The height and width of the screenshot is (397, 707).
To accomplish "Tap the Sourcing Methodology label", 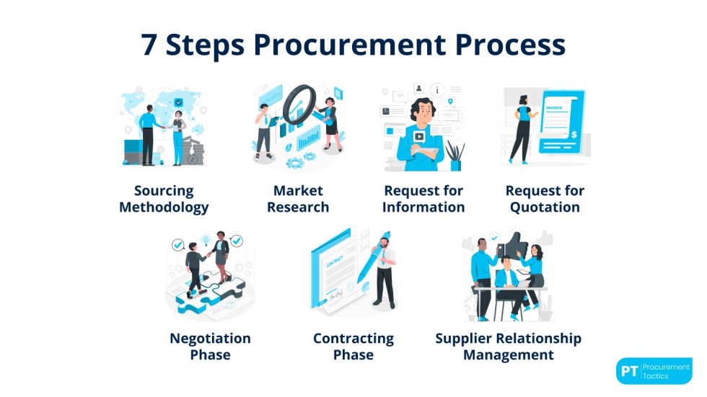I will [x=164, y=199].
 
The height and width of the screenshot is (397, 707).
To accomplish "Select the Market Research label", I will [x=298, y=199].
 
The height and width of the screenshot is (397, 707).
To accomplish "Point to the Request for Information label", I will [x=423, y=199].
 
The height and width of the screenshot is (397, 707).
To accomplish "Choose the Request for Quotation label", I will [x=545, y=199].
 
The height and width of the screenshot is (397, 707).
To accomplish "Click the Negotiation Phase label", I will [x=210, y=347].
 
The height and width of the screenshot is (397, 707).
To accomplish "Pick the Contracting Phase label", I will [x=353, y=347].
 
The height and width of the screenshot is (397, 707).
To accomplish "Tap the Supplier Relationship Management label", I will [x=508, y=347].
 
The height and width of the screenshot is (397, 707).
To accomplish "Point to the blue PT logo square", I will [x=631, y=371].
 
